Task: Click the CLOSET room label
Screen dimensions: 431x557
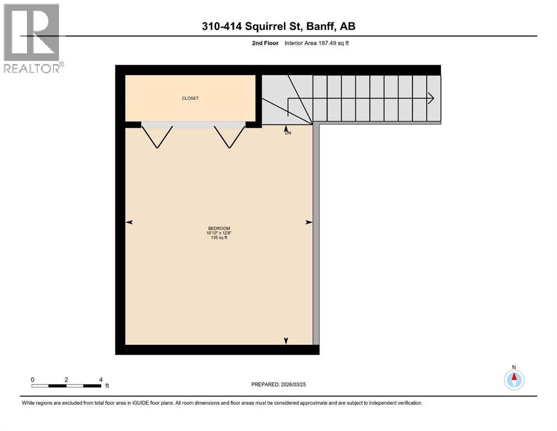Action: coord(190,98)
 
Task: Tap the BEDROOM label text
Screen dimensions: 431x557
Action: coord(219,228)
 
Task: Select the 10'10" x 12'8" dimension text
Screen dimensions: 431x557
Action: coord(219,233)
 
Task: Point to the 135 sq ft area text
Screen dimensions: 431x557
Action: coord(219,238)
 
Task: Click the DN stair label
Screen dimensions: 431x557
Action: coord(288,133)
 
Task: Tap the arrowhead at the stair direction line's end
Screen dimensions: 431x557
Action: coord(431,98)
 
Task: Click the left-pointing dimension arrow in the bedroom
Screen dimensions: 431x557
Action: coord(129,223)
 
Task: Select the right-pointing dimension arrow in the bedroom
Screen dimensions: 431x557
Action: coord(309,223)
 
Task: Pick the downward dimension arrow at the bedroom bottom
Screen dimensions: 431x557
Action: coord(286,341)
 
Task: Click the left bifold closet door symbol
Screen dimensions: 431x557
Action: coord(157,136)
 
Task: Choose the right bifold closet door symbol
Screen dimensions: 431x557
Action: coord(229,136)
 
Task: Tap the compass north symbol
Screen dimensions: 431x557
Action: coord(514,379)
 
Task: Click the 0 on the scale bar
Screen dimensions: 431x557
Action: coord(33,379)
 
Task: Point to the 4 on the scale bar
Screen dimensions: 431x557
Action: coord(100,379)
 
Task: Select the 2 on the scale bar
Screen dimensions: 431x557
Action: coord(66,379)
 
